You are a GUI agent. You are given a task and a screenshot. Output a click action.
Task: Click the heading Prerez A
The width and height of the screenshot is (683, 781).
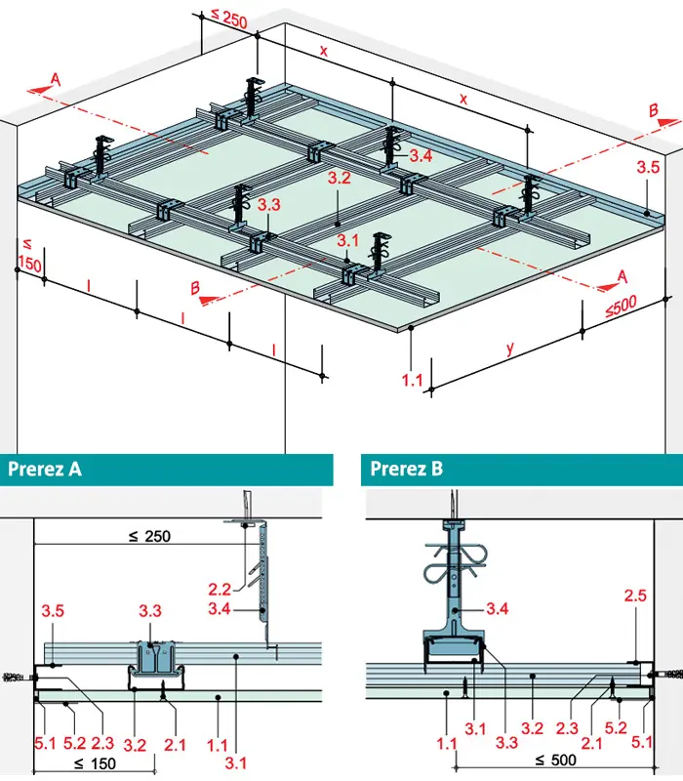[x=45, y=470]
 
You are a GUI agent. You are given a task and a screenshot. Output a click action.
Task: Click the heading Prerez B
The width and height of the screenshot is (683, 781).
[x=406, y=470]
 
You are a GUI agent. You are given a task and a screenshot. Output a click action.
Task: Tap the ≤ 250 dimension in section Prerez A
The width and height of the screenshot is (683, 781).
[x=150, y=536]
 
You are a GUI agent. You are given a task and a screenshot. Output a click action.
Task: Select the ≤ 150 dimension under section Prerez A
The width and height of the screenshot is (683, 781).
[x=95, y=763]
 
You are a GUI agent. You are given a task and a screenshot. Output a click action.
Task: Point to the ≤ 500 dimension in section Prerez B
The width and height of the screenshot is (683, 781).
[x=555, y=760]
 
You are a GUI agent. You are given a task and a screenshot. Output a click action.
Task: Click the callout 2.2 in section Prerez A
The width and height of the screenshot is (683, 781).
[x=220, y=590]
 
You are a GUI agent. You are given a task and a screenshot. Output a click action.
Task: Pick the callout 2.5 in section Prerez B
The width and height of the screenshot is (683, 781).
[x=635, y=596]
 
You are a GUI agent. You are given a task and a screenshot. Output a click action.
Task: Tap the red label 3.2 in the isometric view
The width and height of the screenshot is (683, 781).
[x=339, y=178]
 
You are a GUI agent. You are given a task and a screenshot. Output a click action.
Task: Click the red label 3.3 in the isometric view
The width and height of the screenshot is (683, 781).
[x=269, y=204]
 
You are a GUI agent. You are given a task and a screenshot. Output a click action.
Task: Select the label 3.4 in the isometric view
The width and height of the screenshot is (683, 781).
[x=421, y=156]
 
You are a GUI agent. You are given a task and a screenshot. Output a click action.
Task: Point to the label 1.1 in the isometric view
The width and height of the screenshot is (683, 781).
[x=412, y=381]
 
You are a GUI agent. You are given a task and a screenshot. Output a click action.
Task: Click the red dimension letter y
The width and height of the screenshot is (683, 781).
[x=509, y=349]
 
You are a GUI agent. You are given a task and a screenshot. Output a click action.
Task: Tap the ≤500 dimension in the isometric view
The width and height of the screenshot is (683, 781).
[x=621, y=306]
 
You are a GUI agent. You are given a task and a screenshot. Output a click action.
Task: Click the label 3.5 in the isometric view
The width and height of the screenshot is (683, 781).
[x=648, y=167]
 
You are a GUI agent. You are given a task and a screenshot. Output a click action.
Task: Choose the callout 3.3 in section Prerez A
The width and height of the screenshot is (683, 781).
[x=150, y=611]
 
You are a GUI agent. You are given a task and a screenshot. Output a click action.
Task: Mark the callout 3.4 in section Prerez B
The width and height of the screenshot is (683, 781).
[x=498, y=608]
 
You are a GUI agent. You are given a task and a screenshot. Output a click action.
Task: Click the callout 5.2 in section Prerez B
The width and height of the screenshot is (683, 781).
[x=616, y=727]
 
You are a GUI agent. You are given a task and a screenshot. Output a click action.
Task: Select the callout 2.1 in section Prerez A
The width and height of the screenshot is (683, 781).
[x=175, y=745]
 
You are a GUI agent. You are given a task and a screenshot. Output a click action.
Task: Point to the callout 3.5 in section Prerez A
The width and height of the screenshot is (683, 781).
[x=53, y=611]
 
